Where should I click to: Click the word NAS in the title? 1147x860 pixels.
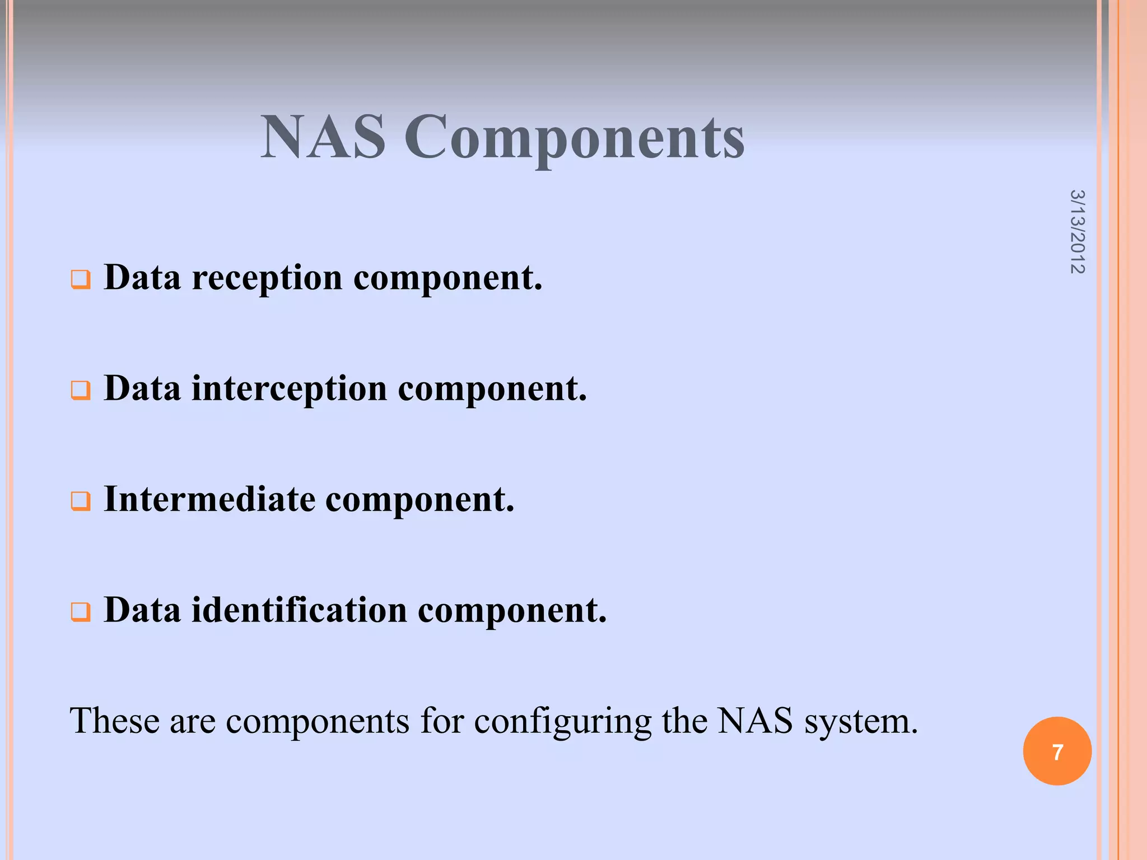click(323, 137)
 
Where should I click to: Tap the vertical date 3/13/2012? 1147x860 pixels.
click(1077, 232)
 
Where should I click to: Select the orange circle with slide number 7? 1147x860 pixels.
click(1057, 751)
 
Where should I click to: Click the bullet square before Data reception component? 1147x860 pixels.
click(80, 279)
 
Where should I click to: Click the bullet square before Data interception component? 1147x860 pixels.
click(80, 390)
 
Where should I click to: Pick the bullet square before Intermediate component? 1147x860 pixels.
click(80, 501)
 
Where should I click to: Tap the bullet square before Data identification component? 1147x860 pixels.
click(80, 611)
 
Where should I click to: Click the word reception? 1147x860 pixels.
click(267, 278)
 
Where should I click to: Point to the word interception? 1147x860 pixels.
click(289, 389)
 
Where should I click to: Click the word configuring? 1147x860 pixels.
click(562, 722)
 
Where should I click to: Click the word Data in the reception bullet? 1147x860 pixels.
click(142, 278)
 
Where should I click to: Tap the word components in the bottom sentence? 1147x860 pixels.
click(318, 722)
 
